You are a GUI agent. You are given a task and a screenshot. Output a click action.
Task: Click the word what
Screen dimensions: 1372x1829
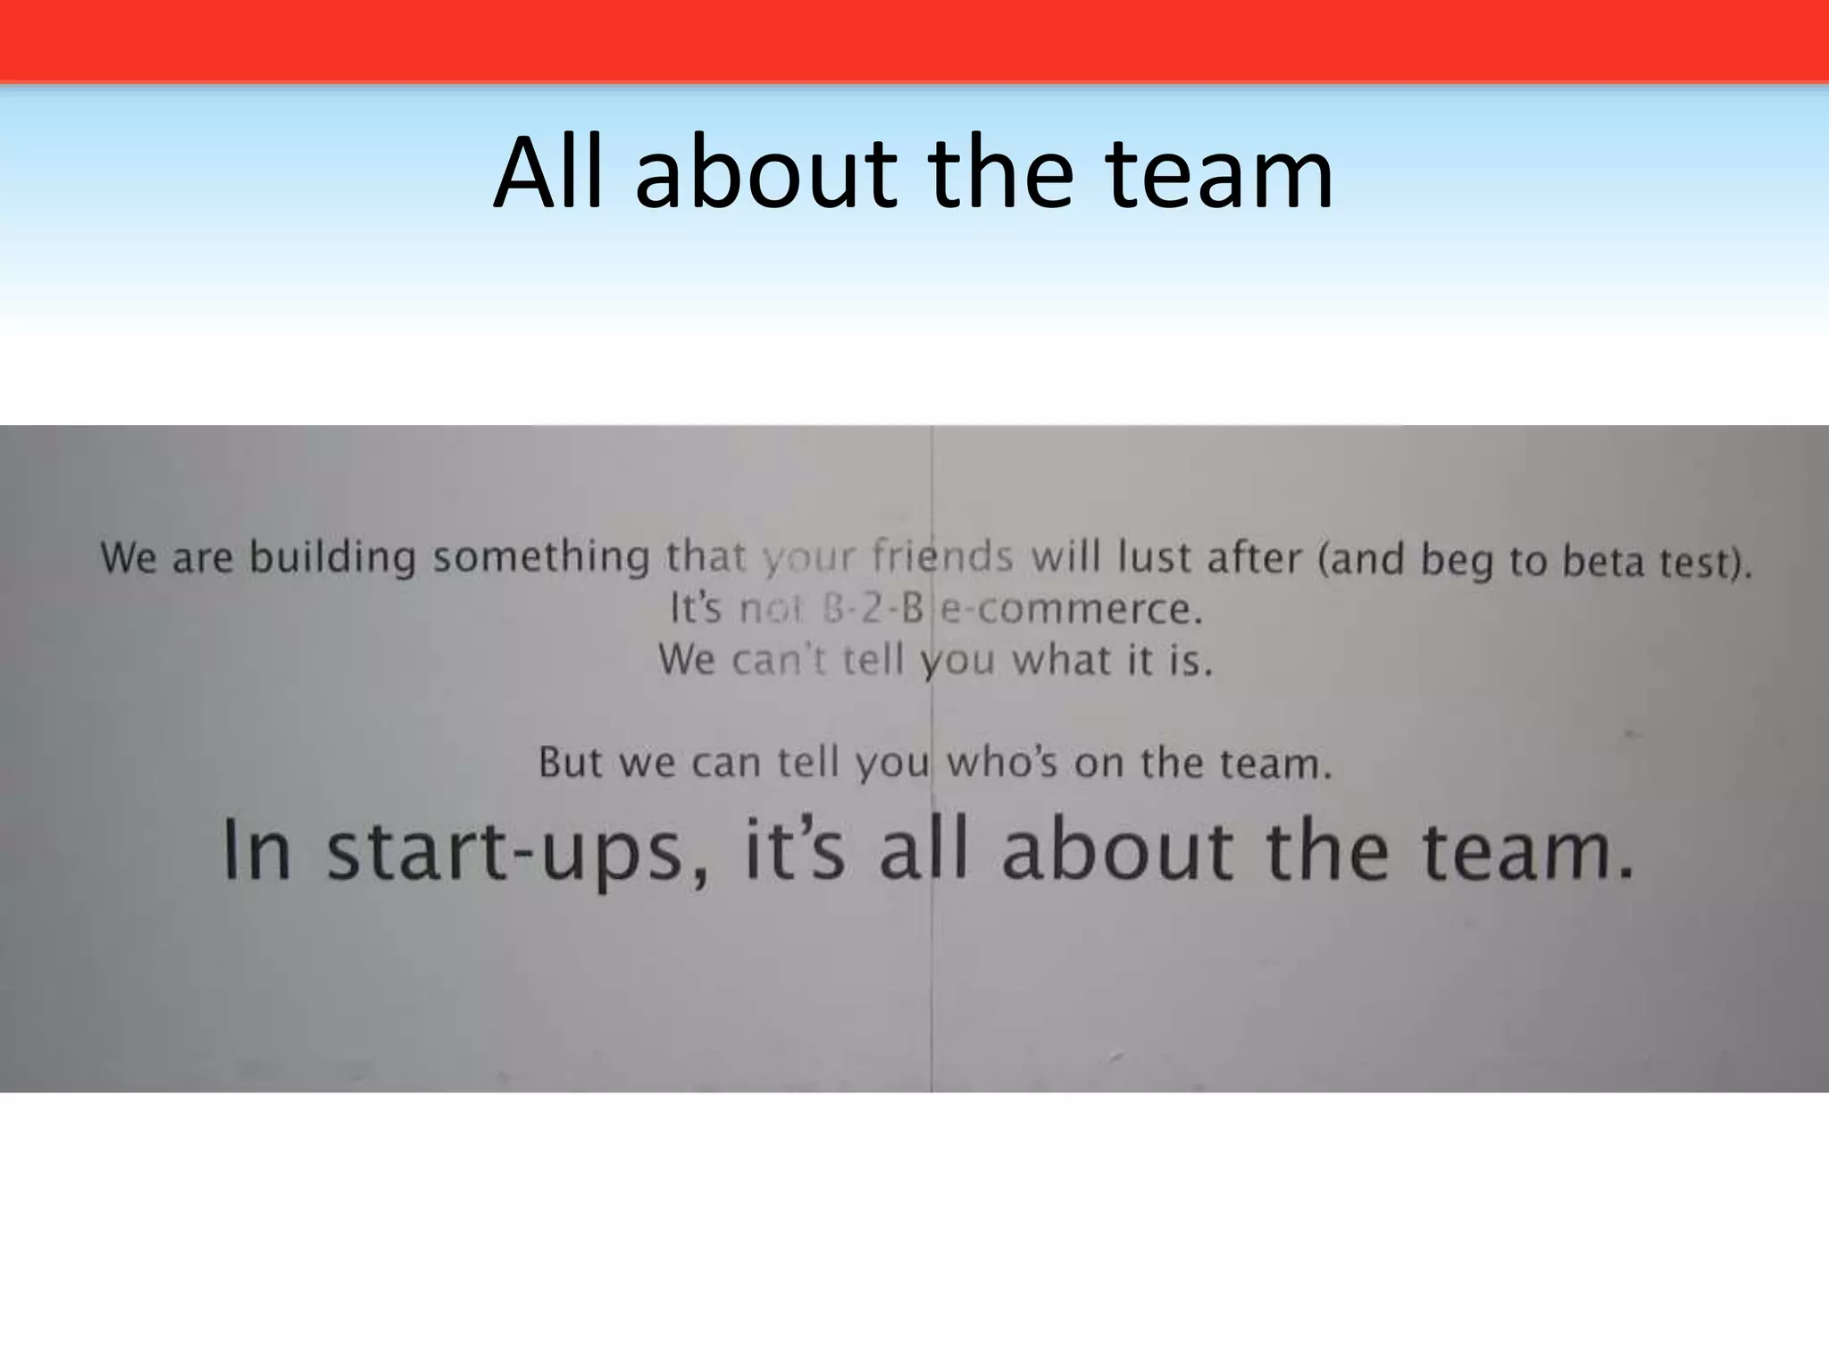[1060, 660]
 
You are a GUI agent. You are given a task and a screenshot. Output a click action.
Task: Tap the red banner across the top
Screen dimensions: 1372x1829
[914, 40]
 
